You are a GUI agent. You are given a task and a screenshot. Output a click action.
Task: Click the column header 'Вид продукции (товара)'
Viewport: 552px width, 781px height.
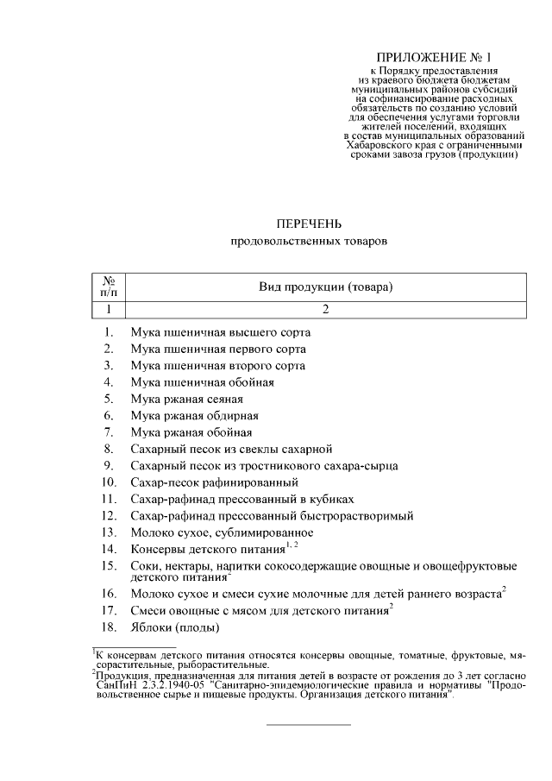(326, 287)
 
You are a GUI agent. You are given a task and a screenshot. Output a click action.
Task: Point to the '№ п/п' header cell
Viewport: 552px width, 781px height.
(110, 287)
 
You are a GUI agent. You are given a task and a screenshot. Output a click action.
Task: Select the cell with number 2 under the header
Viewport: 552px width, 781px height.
(326, 308)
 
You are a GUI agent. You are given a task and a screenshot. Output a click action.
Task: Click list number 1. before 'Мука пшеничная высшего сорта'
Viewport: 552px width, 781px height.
(109, 332)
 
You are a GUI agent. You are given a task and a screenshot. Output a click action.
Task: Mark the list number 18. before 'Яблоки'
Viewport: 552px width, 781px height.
(109, 628)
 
